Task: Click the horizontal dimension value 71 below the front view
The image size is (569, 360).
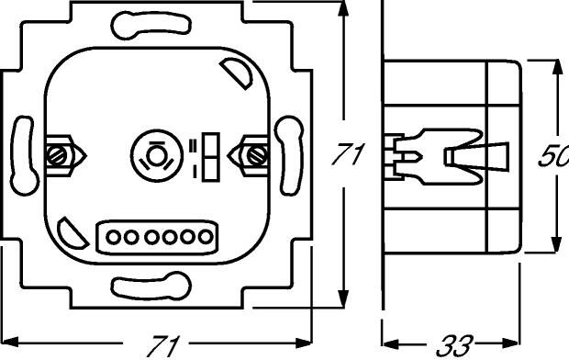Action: click(163, 346)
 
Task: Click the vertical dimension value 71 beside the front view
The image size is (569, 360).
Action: click(349, 154)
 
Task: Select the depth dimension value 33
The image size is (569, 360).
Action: click(455, 346)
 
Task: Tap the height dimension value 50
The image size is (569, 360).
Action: click(553, 155)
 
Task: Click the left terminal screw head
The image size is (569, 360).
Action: click(57, 156)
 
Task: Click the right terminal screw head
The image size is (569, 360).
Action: click(257, 156)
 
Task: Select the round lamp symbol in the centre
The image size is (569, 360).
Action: click(157, 156)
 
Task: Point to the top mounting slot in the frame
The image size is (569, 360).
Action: click(151, 25)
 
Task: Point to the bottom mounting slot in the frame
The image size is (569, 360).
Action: click(151, 286)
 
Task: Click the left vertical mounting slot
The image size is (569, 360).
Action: click(24, 156)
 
